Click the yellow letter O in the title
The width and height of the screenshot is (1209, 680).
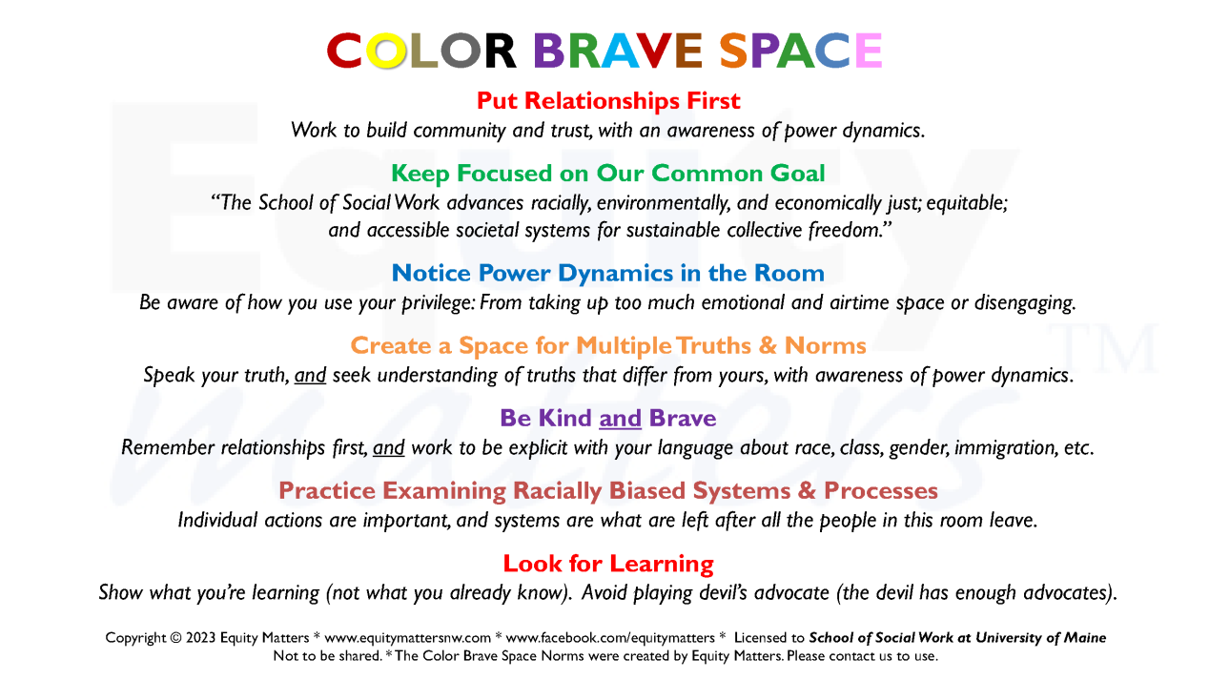(x=385, y=51)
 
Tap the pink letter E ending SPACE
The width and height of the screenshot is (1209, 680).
(x=869, y=51)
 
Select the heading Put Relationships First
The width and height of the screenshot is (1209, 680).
(x=608, y=101)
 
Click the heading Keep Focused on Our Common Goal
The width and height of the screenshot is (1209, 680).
(x=607, y=174)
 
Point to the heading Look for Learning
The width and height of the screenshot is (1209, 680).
(x=608, y=564)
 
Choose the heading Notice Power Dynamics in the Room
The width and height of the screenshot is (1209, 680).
(x=607, y=273)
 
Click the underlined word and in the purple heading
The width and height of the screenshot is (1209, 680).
(x=620, y=419)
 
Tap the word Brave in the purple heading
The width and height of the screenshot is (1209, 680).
(x=683, y=419)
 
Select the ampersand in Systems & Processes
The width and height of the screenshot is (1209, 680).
(x=807, y=490)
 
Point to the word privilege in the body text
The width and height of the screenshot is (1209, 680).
(x=438, y=303)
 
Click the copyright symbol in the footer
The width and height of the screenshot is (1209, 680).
(x=176, y=638)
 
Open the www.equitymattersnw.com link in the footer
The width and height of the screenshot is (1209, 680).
(x=407, y=638)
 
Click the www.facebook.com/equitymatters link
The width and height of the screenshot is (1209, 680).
(x=610, y=638)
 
